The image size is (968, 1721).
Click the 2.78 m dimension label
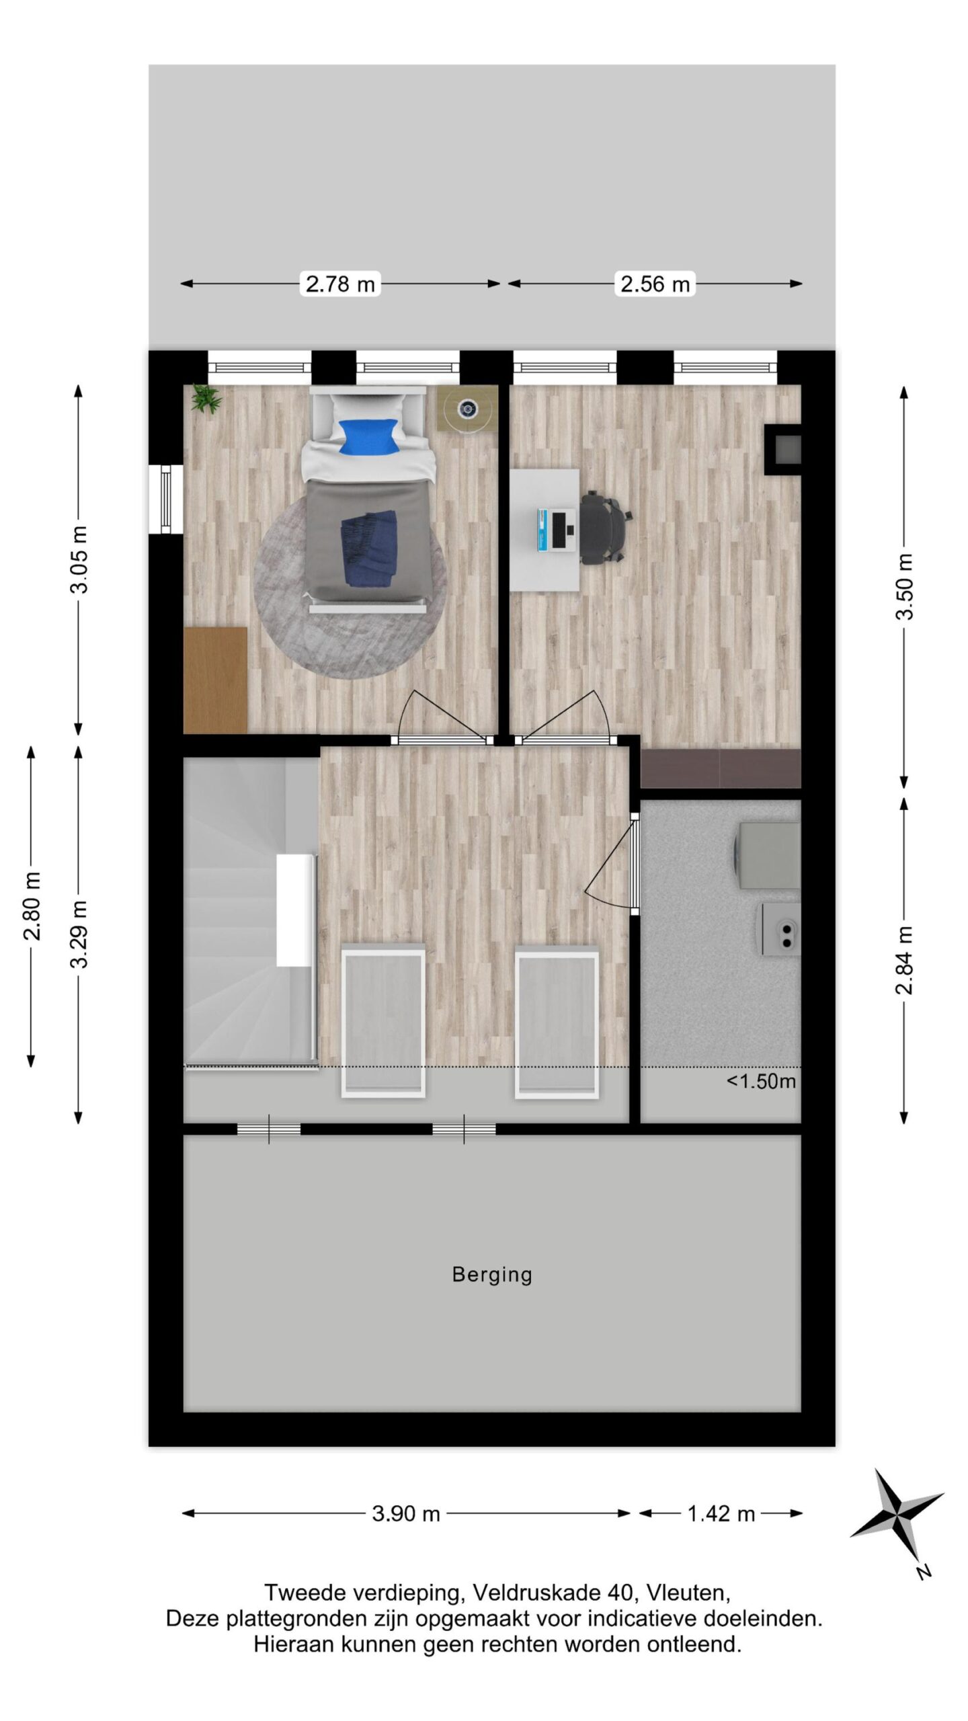pyautogui.click(x=340, y=284)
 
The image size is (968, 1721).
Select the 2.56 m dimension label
pyautogui.click(x=655, y=284)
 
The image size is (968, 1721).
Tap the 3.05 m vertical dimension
pyautogui.click(x=79, y=559)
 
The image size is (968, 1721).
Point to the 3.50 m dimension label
pyautogui.click(x=905, y=586)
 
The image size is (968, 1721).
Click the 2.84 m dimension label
pyautogui.click(x=905, y=959)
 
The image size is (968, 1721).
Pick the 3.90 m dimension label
pyautogui.click(x=406, y=1514)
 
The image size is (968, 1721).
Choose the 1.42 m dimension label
pyautogui.click(x=721, y=1514)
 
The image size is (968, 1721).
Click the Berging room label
pyautogui.click(x=492, y=1275)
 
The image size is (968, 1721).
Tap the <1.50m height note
pyautogui.click(x=761, y=1081)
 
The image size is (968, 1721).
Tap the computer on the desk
pyautogui.click(x=557, y=530)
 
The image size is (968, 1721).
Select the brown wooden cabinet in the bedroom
pyautogui.click(x=215, y=679)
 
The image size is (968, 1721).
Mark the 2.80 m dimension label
pyautogui.click(x=32, y=906)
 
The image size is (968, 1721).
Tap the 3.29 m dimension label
pyautogui.click(x=79, y=934)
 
